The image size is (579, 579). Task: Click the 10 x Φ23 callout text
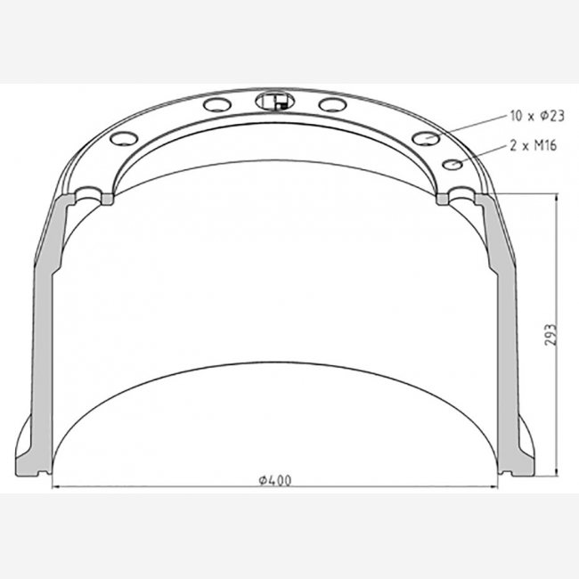tap(537, 116)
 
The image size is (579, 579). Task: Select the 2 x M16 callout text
tap(533, 146)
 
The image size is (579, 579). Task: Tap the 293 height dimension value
tap(550, 335)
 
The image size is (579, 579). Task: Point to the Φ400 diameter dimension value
tap(274, 480)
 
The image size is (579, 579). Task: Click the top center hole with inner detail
tap(275, 101)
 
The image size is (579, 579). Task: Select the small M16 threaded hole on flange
tap(453, 164)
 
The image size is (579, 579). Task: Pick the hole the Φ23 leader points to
tap(426, 138)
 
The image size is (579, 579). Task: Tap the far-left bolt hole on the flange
tap(124, 138)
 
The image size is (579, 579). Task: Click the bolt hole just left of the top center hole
tap(217, 104)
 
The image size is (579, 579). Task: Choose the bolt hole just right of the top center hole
tap(333, 104)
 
